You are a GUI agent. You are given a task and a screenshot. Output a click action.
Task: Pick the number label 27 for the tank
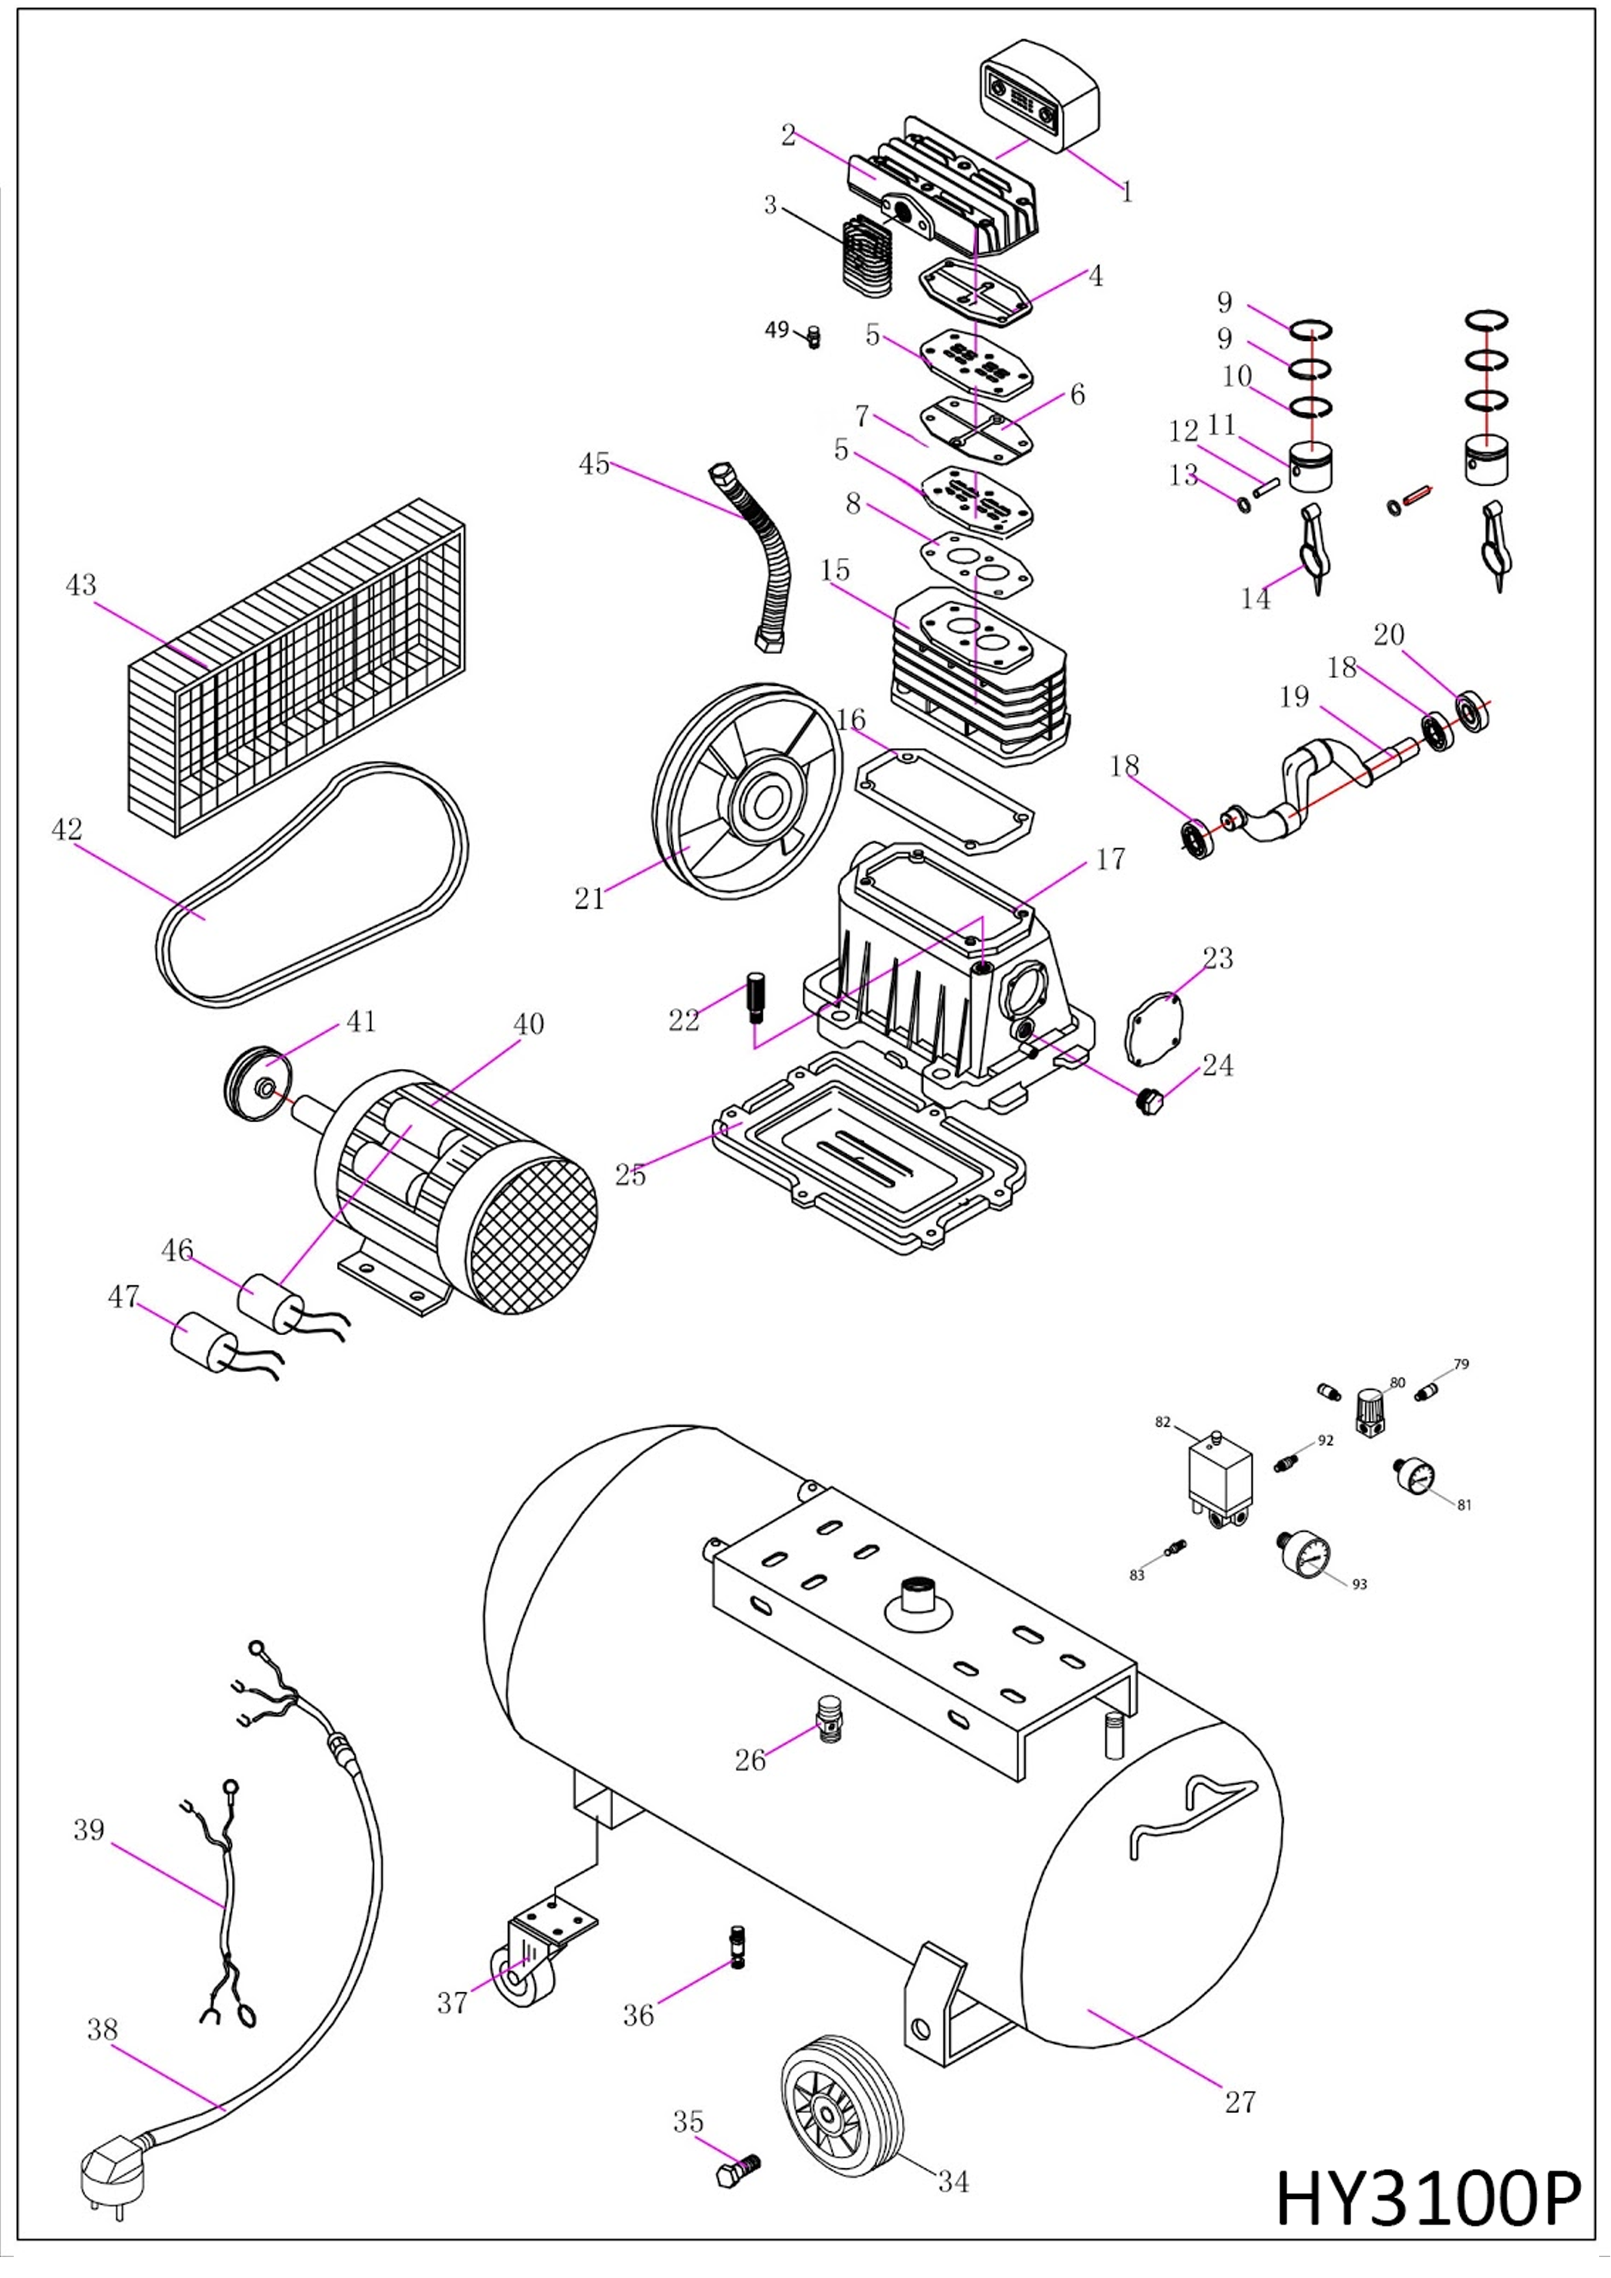(x=1240, y=2101)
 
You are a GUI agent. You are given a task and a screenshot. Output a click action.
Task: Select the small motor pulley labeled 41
(x=256, y=1083)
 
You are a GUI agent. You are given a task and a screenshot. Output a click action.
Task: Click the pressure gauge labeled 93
(x=1303, y=1556)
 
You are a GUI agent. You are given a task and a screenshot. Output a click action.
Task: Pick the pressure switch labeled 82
(x=1220, y=1479)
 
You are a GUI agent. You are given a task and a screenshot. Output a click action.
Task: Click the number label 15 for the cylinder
(x=835, y=571)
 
